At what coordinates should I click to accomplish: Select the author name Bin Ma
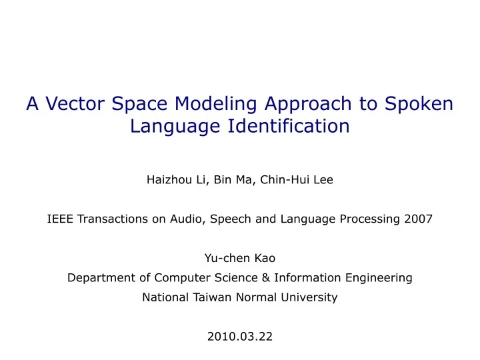226,179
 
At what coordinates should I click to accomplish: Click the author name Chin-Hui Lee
295,179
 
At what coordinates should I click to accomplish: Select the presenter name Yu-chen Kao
239,259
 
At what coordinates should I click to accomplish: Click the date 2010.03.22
239,337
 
